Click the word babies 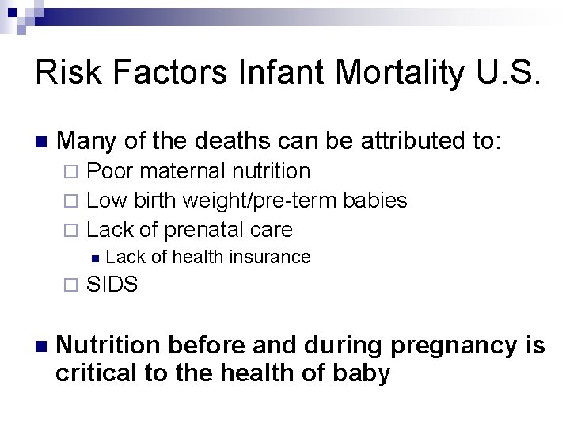[376, 201]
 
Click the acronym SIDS [112, 284]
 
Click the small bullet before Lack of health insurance [94, 258]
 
